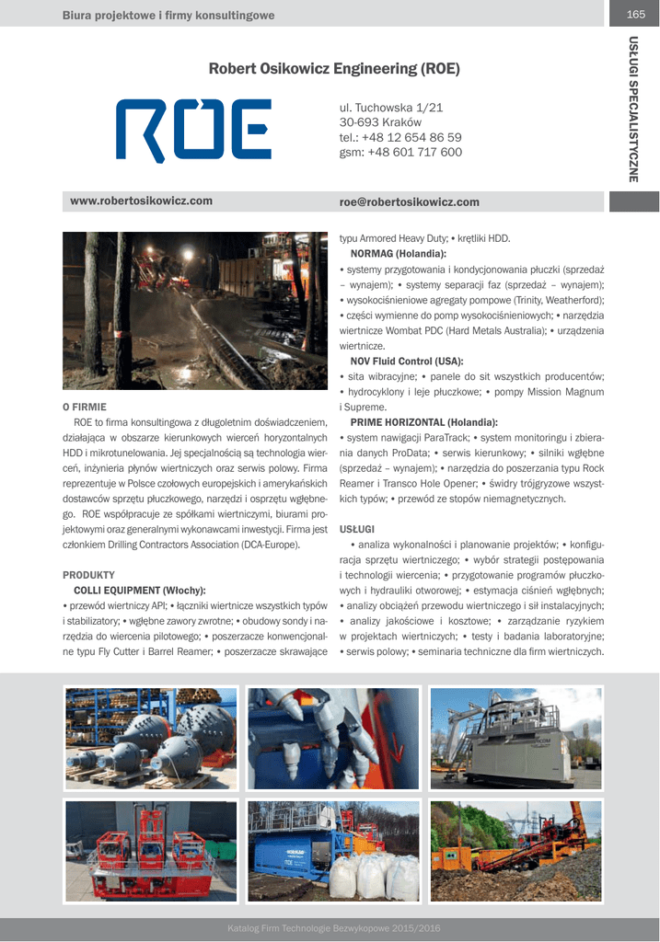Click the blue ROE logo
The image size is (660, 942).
(x=193, y=130)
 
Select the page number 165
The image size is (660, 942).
(x=635, y=14)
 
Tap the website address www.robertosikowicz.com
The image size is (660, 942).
(x=142, y=201)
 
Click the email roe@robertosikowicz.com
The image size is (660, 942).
(x=410, y=201)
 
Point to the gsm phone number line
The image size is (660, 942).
(x=400, y=152)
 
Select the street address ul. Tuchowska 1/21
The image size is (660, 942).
(x=391, y=108)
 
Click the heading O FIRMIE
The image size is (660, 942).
(x=85, y=406)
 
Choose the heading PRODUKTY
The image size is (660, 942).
(x=88, y=574)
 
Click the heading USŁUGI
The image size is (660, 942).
(x=357, y=529)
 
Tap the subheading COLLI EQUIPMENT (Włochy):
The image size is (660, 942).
(x=139, y=590)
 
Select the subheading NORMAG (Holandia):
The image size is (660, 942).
(x=399, y=253)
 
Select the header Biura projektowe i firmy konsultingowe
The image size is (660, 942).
(x=168, y=15)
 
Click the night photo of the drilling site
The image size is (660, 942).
(x=195, y=311)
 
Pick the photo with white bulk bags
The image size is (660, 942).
(x=333, y=851)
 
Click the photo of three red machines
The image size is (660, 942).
(x=151, y=851)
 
